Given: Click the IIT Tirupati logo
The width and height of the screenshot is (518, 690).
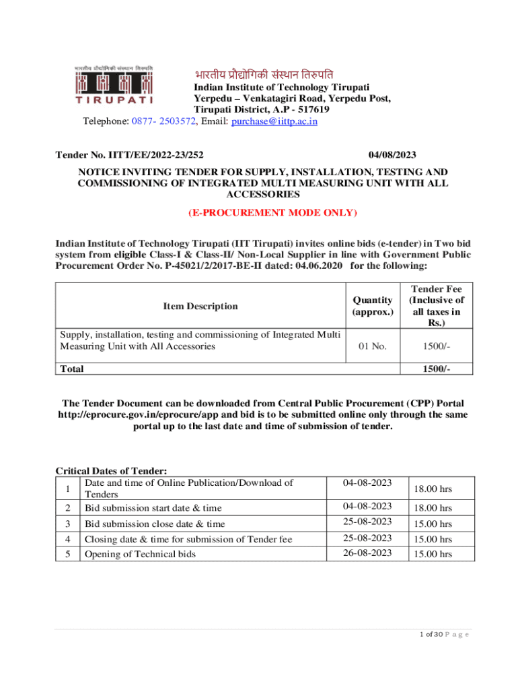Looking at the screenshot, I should tap(113, 84).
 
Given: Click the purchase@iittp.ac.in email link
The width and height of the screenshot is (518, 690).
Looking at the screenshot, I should tap(274, 121).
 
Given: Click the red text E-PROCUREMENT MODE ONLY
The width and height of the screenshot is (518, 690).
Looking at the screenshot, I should tap(272, 213).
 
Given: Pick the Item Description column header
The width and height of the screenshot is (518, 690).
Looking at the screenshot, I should tap(200, 306).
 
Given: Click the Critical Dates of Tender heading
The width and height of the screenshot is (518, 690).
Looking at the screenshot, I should tap(111, 471).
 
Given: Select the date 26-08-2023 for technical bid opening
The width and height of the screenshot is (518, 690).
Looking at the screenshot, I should tap(367, 553).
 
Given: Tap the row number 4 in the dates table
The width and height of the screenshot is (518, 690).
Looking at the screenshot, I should tap(66, 539).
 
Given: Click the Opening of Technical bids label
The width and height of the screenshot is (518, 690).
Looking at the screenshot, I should tap(140, 554).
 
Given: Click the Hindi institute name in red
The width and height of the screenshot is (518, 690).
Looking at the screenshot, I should tap(264, 73).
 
